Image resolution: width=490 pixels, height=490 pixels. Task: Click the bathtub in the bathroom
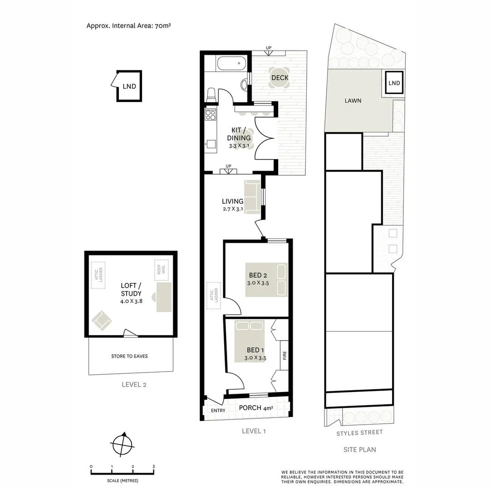click(x=231, y=63)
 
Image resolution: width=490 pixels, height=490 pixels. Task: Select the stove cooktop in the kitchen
click(x=210, y=114)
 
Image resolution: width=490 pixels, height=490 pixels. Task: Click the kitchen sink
click(x=211, y=144)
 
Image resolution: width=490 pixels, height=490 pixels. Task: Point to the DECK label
click(x=279, y=78)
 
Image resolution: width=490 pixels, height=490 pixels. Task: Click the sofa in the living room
click(x=252, y=196)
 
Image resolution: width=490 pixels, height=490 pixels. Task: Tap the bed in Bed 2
click(x=266, y=279)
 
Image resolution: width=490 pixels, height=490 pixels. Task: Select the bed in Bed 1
click(x=249, y=341)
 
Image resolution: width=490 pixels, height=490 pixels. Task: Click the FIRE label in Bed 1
click(x=285, y=355)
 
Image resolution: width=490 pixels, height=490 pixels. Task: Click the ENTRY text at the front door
click(x=218, y=411)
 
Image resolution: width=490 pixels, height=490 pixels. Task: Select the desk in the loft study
click(x=163, y=296)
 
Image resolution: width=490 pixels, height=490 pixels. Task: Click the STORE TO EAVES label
click(x=129, y=356)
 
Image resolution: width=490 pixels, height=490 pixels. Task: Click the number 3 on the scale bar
click(x=153, y=466)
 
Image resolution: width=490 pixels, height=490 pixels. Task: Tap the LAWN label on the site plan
click(x=353, y=101)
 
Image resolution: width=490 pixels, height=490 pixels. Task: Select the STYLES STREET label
click(x=359, y=432)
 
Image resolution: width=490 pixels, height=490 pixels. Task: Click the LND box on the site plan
click(x=394, y=83)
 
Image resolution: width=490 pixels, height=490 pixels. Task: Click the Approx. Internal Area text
click(x=128, y=26)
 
